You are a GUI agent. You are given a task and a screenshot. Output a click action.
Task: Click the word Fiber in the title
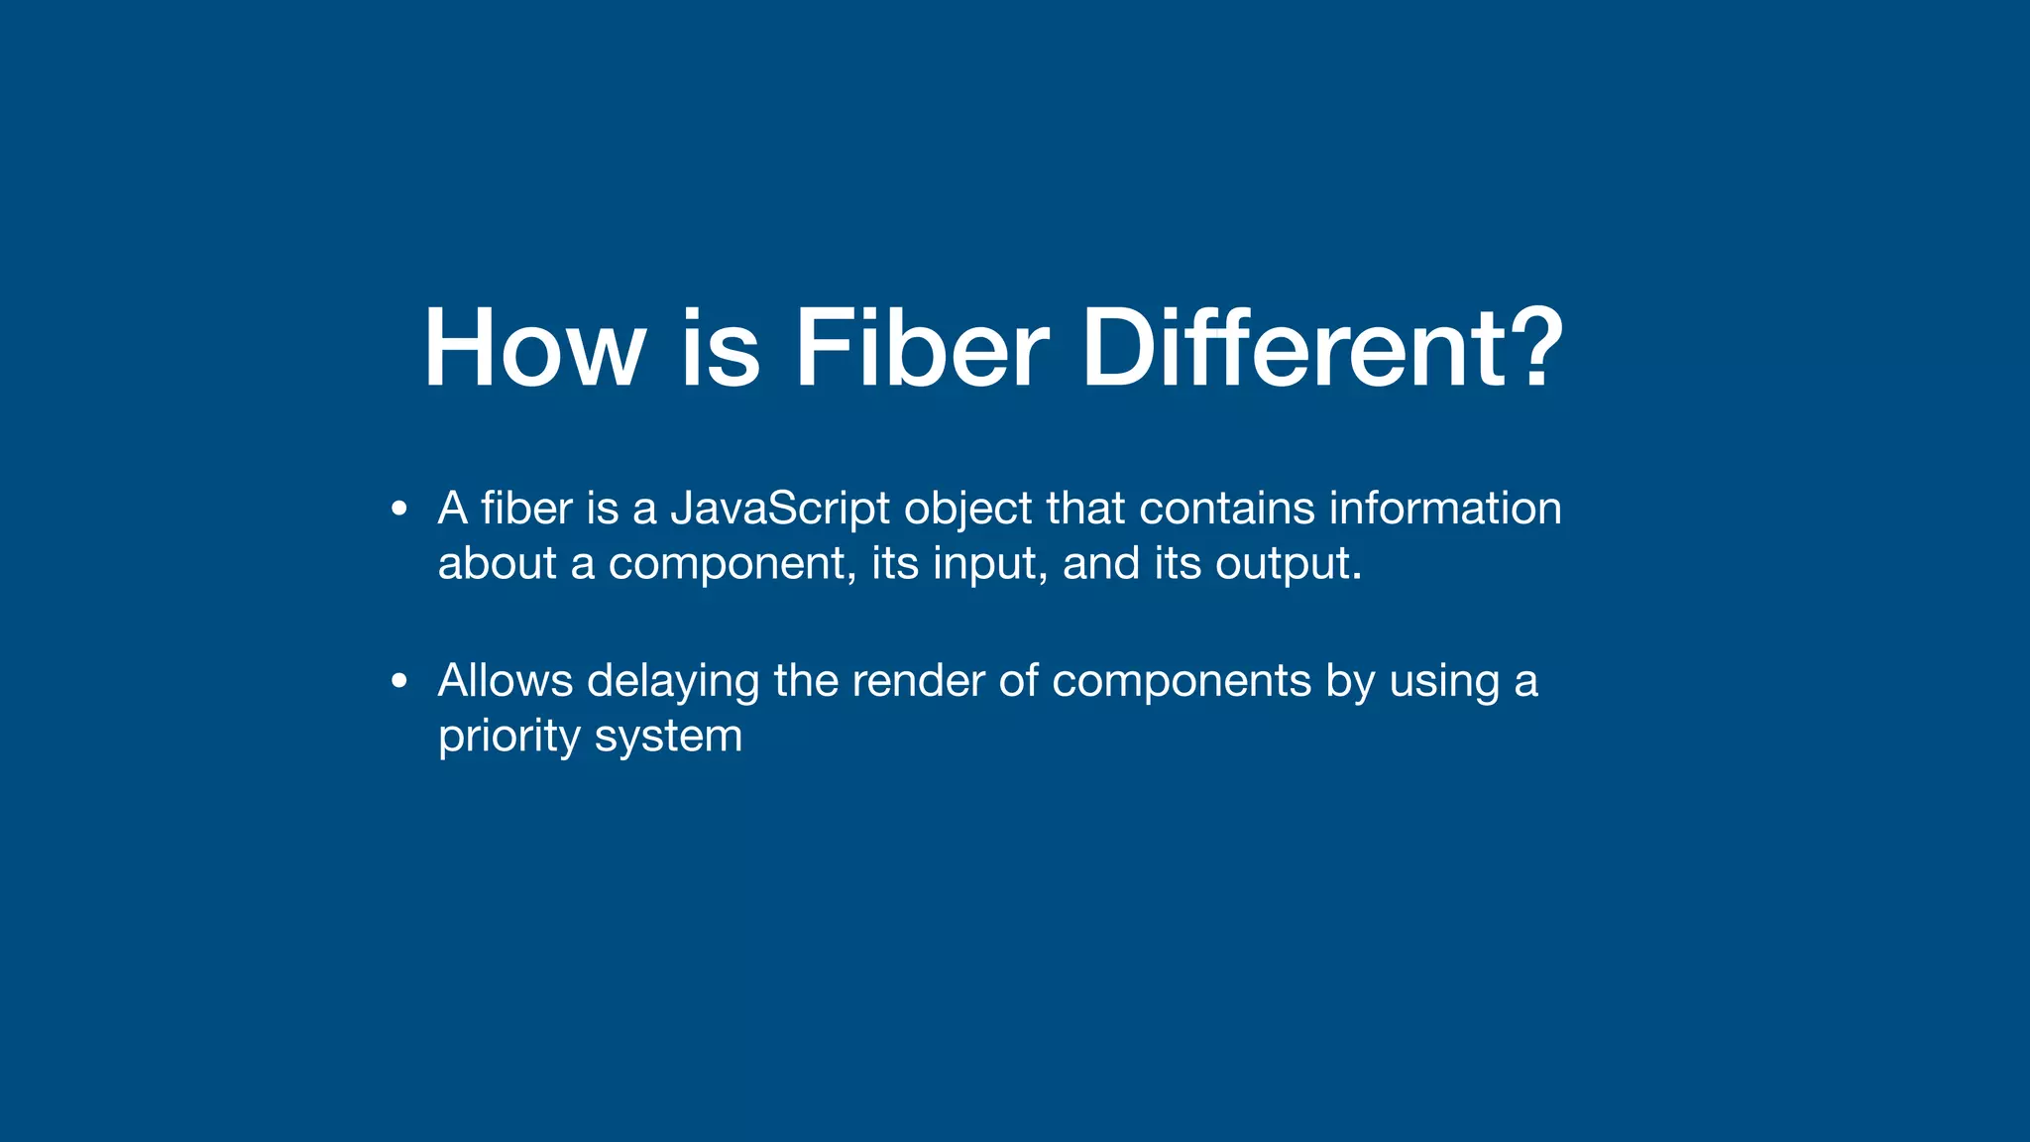[x=921, y=349]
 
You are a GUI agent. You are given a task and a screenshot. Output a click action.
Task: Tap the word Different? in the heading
[x=1322, y=349]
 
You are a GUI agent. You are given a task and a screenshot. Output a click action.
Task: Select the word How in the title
[x=534, y=349]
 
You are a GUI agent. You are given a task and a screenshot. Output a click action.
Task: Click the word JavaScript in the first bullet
[x=780, y=510]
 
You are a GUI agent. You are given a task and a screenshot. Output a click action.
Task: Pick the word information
[x=1445, y=509]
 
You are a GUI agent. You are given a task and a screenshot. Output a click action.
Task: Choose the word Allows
[x=506, y=681]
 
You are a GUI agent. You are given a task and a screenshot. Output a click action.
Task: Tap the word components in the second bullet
[x=1182, y=683]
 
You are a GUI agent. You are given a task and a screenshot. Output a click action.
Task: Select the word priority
[x=509, y=738]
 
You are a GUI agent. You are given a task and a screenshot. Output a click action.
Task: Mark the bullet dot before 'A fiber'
[x=399, y=510]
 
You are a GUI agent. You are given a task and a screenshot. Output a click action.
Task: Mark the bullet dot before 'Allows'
[x=399, y=682]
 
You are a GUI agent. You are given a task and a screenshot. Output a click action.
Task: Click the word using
[x=1444, y=683]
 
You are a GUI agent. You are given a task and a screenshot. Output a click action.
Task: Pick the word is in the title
[x=721, y=349]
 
